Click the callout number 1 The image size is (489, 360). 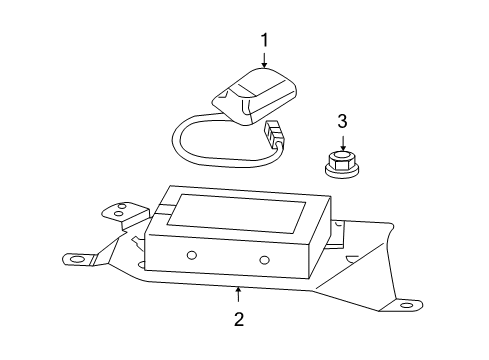tap(265, 40)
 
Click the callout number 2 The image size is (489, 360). tap(238, 320)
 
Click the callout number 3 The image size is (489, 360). tap(342, 122)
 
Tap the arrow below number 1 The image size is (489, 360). tap(265, 61)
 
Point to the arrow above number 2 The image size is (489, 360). tap(238, 295)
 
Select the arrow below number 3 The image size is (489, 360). tap(342, 143)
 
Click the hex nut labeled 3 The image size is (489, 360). tap(342, 159)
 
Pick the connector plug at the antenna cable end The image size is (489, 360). tap(274, 135)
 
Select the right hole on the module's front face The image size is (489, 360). tap(264, 261)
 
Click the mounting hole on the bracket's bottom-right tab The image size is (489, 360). tap(405, 304)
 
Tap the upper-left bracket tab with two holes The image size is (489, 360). tap(117, 212)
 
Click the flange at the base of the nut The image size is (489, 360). tap(342, 169)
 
